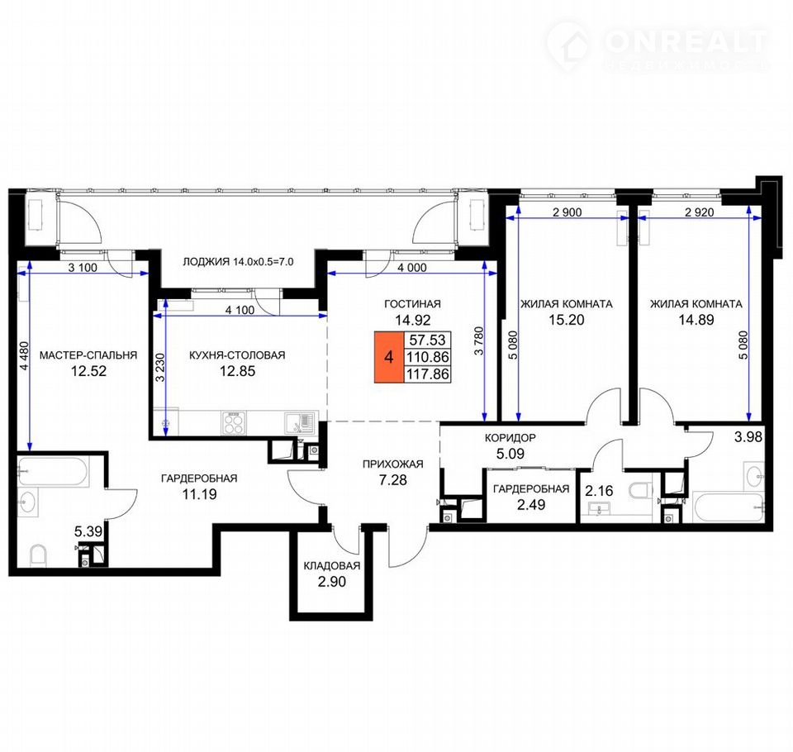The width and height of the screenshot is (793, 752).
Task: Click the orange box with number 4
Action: point(388,357)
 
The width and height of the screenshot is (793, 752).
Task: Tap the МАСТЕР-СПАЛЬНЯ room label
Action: point(88,355)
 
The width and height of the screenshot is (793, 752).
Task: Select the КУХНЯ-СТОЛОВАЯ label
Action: point(237,355)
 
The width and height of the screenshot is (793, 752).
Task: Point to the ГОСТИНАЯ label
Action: point(412,304)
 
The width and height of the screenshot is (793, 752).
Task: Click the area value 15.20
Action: point(567,320)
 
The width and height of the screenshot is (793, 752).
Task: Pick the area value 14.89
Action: point(696,320)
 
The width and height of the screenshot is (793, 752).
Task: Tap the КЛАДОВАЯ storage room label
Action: point(332,566)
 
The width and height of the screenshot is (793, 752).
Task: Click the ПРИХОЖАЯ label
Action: point(393,464)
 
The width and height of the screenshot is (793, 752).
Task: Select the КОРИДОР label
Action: point(510,438)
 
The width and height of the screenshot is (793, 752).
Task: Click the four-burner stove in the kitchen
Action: point(234,422)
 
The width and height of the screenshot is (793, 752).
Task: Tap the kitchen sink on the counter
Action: point(299,423)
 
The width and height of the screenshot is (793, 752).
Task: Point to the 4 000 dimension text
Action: point(411,268)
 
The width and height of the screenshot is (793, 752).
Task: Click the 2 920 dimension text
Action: point(700,212)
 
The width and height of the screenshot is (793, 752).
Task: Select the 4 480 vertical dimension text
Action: point(25,356)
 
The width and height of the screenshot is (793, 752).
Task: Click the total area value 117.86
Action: point(427,374)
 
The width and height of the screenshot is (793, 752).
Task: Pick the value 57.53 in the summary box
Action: point(427,340)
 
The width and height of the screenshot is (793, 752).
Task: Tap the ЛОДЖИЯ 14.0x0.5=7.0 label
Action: point(238,262)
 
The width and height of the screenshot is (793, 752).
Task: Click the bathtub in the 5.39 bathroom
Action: point(53,472)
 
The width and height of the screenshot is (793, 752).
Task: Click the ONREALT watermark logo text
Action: point(686,41)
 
